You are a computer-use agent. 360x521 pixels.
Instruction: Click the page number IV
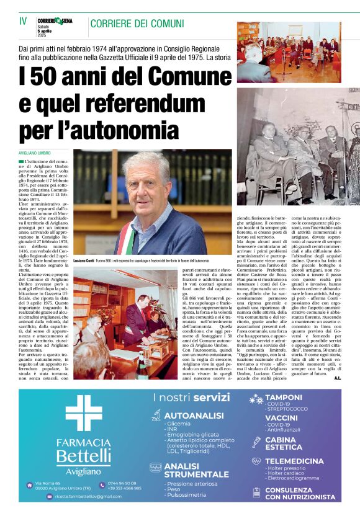(23, 21)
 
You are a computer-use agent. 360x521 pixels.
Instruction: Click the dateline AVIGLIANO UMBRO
(35, 153)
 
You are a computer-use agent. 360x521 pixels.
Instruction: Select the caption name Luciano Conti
(84, 258)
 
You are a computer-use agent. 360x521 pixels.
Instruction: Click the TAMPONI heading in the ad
(284, 396)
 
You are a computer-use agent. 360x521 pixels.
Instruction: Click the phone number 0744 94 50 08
(122, 483)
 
